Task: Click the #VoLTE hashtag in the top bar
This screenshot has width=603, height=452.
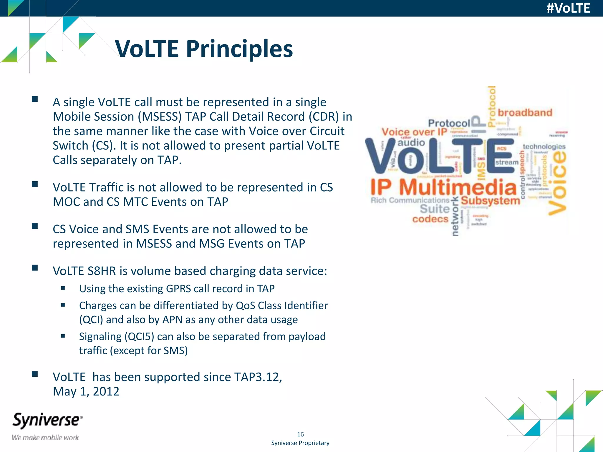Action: click(568, 8)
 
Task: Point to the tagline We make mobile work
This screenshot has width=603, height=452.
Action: click(45, 438)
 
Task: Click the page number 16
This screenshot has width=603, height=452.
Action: click(300, 434)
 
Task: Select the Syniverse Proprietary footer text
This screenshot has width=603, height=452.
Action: click(300, 443)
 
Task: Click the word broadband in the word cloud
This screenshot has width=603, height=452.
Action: click(525, 113)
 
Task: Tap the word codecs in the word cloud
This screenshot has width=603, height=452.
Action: click(430, 219)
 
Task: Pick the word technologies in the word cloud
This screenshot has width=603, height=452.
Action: click(544, 147)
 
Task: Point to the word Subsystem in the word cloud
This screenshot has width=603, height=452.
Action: click(490, 201)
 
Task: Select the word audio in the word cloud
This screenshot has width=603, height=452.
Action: click(411, 143)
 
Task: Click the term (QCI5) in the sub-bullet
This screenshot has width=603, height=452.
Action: click(139, 337)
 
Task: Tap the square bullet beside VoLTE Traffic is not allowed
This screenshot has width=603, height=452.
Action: click(35, 184)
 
